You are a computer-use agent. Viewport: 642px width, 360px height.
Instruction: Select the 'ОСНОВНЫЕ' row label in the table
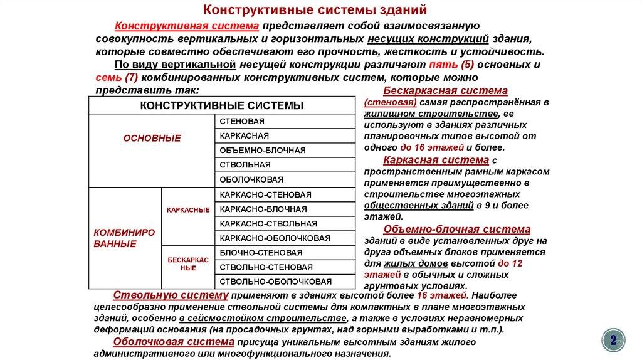(x=152, y=138)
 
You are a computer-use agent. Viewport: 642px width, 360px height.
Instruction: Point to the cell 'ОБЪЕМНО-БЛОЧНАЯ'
(x=263, y=151)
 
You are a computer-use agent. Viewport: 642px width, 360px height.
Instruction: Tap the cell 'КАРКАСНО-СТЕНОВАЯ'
(x=266, y=194)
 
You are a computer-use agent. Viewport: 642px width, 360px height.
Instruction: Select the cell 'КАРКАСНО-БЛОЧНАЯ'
(x=263, y=209)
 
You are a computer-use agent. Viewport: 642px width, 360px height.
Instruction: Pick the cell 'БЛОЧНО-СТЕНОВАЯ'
(x=261, y=253)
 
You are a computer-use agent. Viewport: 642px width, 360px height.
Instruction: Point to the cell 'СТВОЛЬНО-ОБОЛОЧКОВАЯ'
(x=276, y=282)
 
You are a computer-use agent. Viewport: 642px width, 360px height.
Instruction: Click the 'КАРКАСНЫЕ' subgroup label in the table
(x=188, y=209)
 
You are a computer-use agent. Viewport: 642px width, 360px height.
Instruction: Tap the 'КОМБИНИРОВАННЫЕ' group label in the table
(x=124, y=237)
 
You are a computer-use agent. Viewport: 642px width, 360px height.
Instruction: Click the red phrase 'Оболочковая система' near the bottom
(x=174, y=342)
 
